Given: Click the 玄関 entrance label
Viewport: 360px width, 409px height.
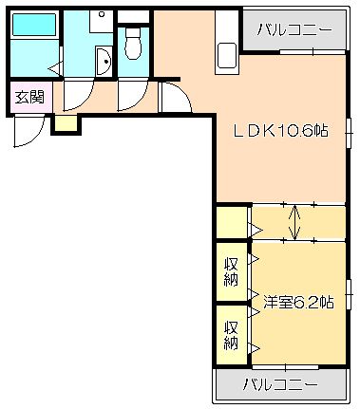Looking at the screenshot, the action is [x=30, y=97].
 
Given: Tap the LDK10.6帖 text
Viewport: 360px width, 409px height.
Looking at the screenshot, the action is [x=280, y=130].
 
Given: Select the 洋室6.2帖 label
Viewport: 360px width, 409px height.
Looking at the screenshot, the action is [x=298, y=303].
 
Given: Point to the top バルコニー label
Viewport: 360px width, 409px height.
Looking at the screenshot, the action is [x=294, y=30].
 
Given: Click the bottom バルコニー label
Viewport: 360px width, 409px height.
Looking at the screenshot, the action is [x=280, y=384].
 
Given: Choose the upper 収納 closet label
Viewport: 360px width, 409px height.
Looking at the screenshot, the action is [x=231, y=271].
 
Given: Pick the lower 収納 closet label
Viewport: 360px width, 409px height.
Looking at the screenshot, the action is [x=231, y=335].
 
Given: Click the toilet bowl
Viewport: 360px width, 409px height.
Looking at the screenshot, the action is [x=133, y=44].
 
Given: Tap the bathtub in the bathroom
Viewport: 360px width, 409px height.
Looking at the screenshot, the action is [x=34, y=25].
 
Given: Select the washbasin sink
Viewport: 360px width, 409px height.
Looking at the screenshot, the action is [x=104, y=62].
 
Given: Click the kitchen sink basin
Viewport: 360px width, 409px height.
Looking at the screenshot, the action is [x=227, y=56].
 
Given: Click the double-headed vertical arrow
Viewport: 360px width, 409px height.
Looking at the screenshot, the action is [x=294, y=222].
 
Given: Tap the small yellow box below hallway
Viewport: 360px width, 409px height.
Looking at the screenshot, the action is [x=66, y=123].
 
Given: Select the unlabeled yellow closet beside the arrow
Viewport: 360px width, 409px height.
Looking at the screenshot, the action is [x=232, y=222].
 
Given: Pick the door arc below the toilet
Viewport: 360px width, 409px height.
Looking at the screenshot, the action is [x=140, y=102].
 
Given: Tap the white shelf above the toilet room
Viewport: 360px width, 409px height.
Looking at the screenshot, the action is [x=133, y=17].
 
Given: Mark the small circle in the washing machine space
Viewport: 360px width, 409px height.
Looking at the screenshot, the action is [x=102, y=14].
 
